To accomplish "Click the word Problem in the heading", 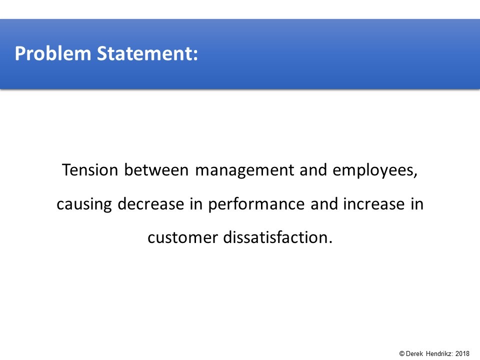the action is point(53,54).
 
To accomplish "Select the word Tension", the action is point(90,170).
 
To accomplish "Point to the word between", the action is point(156,170).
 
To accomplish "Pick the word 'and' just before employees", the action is point(313,170).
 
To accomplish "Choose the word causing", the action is point(84,204).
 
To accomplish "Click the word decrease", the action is point(150,203).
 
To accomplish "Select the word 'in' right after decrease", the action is point(196,203).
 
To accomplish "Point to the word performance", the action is point(256,204).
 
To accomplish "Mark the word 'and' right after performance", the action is point(324,203).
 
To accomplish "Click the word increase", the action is point(374,203).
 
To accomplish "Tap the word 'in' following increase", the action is point(417,203).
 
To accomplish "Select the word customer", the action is point(183,238).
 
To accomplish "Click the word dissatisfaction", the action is point(278,237).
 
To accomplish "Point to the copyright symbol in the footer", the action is point(402,353).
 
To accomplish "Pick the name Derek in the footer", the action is point(414,353).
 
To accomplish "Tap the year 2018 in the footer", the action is point(462,353).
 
